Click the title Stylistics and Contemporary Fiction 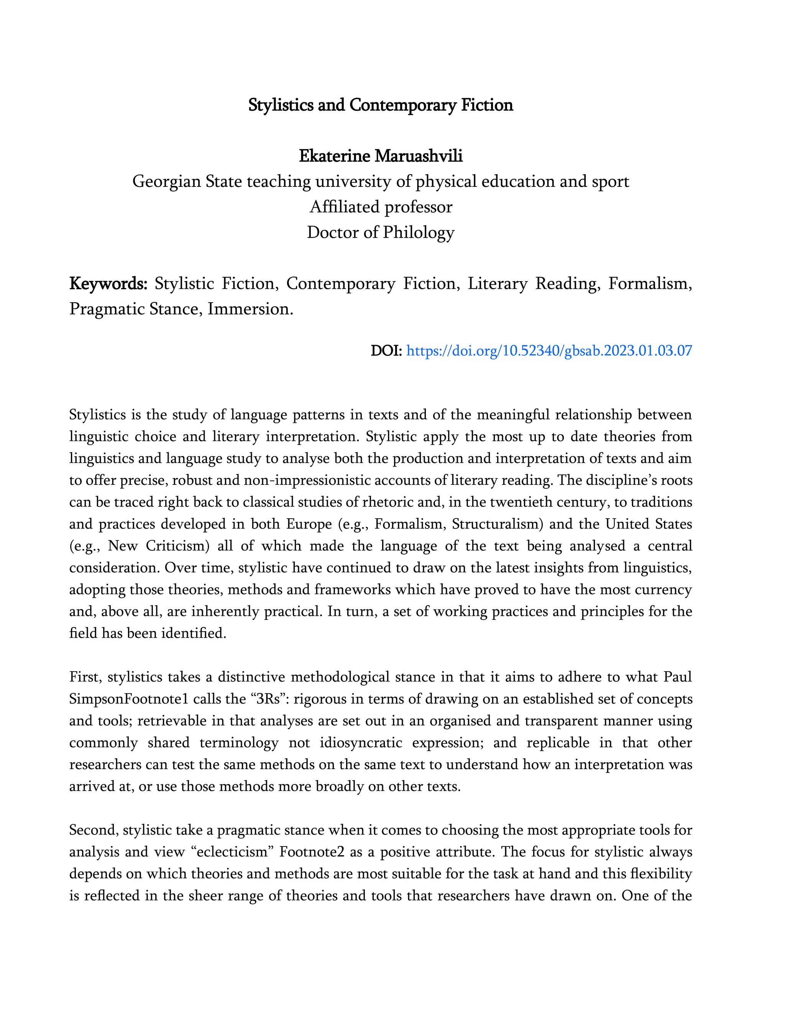(x=380, y=105)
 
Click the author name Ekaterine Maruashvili (x=380, y=156)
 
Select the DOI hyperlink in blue (x=549, y=350)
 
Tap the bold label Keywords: (x=108, y=283)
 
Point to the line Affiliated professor (x=380, y=207)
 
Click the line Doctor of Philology (x=380, y=232)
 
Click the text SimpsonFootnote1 (x=128, y=699)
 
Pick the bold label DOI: (x=386, y=350)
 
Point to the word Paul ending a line (x=678, y=677)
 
